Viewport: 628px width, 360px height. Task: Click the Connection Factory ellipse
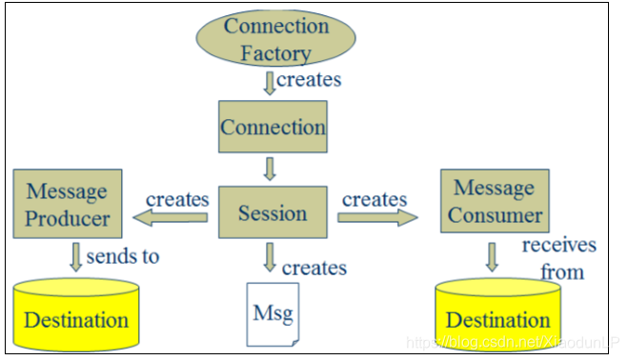274,38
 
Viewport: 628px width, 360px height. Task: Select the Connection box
273,127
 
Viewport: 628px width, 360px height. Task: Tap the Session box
273,212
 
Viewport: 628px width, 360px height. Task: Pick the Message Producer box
67,205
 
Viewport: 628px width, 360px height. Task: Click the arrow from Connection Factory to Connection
269,82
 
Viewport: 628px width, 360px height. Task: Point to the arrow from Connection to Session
270,170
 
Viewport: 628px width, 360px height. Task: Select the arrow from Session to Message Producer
172,218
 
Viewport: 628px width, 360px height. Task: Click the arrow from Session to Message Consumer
377,217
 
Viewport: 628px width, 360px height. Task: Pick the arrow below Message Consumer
493,256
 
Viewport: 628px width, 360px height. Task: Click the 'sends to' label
123,255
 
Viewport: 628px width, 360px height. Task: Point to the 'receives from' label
558,258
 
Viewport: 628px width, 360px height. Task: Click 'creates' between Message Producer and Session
176,199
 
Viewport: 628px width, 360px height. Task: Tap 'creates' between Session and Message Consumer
375,199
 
